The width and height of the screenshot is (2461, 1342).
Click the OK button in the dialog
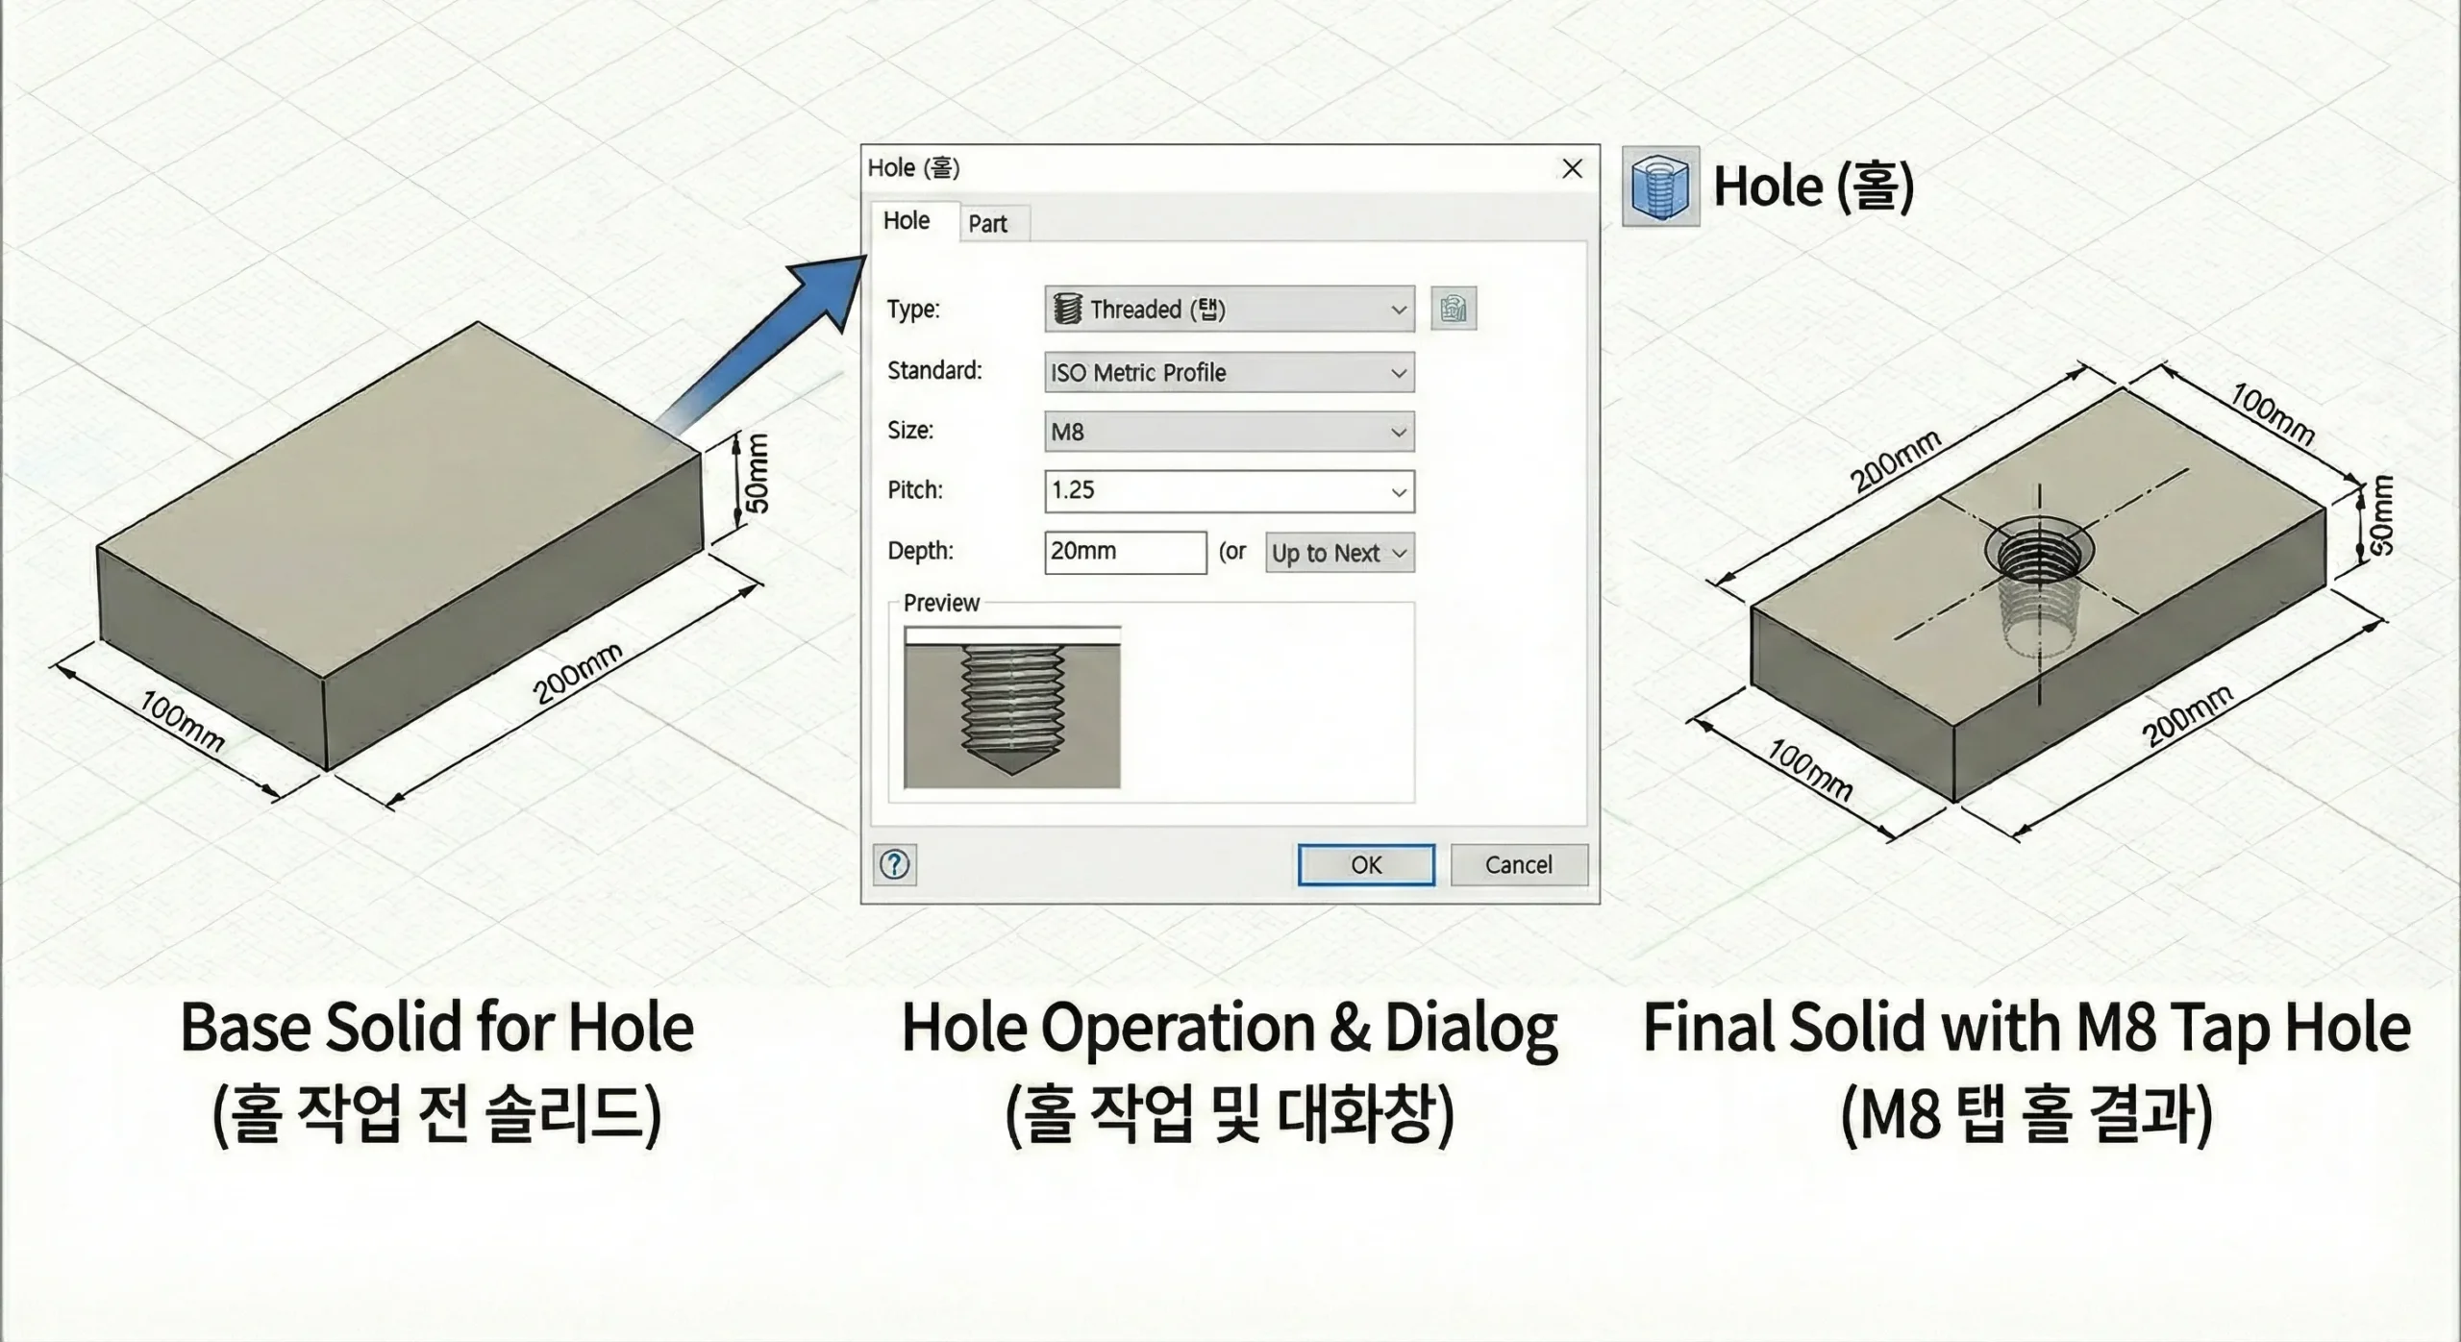coord(1365,864)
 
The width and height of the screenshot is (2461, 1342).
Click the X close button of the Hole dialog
coord(1572,168)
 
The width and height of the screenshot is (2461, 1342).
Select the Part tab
coord(987,223)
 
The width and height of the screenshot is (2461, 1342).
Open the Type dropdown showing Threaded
coord(1229,310)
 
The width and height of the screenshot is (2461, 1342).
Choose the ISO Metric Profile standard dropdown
coord(1229,372)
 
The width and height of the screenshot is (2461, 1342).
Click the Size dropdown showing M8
coord(1229,432)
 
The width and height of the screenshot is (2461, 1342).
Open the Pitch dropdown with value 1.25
coord(1229,491)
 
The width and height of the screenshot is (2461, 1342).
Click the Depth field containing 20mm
coord(1125,552)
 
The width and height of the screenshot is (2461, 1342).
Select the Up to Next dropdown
coord(1339,553)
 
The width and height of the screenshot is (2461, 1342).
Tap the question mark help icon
coord(894,864)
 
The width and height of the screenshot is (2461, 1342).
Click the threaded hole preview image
coord(1012,708)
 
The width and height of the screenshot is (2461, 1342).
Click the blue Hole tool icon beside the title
coord(1660,186)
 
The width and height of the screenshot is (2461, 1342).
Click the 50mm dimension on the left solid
coord(758,473)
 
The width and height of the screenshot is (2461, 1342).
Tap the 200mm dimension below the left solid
coord(577,673)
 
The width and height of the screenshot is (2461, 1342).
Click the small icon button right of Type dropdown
coord(1453,310)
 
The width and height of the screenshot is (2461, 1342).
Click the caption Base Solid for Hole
coord(437,1028)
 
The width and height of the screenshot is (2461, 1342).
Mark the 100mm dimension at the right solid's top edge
coord(2271,413)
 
